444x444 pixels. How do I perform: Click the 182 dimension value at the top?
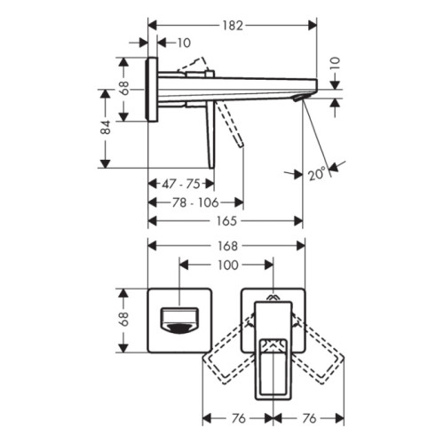233,26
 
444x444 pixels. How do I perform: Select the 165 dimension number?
226,221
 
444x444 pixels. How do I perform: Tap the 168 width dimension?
227,246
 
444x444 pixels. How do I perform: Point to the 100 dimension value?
227,266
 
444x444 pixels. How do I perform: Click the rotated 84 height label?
106,128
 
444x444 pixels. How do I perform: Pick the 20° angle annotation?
316,173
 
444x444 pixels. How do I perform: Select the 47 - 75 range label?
181,184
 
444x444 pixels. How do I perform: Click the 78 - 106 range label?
195,202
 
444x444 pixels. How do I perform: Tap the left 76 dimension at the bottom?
239,418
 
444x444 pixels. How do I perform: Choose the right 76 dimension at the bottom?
309,418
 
